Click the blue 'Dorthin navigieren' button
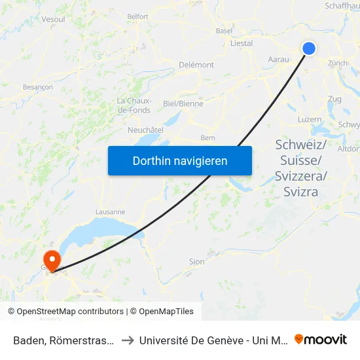[180, 160]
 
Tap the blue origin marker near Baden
[308, 48]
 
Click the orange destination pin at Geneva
[51, 260]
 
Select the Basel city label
[224, 30]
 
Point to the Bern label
[208, 137]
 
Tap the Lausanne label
[110, 212]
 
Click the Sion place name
[196, 261]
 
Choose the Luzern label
[310, 120]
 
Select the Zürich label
[338, 63]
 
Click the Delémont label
[196, 65]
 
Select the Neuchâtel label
[145, 130]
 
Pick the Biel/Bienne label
[183, 103]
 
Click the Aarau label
[279, 59]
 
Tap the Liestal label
[242, 43]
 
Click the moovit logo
[321, 339]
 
